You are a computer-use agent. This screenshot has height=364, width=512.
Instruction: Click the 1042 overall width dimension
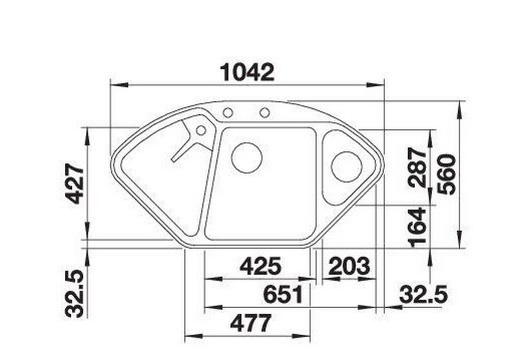pyautogui.click(x=247, y=73)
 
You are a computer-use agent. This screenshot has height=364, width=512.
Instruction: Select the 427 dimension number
pyautogui.click(x=74, y=183)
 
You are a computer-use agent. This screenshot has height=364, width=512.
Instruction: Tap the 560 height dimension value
pyautogui.click(x=446, y=175)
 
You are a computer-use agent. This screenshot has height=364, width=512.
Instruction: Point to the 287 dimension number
pyautogui.click(x=417, y=167)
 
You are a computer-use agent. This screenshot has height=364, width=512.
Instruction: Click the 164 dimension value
pyautogui.click(x=417, y=227)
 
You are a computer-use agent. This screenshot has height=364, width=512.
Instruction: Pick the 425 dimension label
pyautogui.click(x=260, y=266)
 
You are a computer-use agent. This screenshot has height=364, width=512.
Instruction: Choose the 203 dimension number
pyautogui.click(x=349, y=266)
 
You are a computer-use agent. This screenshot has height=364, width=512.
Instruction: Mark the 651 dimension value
pyautogui.click(x=283, y=294)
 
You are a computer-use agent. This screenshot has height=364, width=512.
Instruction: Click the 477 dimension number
pyautogui.click(x=251, y=323)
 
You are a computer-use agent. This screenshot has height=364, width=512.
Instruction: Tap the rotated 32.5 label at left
pyautogui.click(x=74, y=294)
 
